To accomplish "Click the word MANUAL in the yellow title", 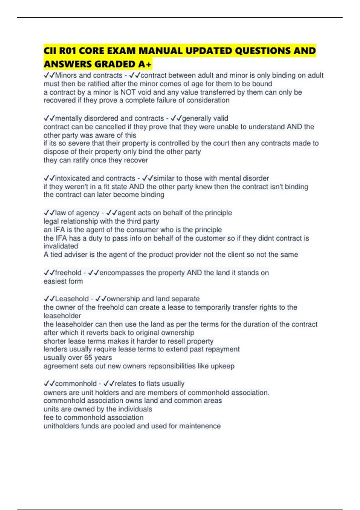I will point(161,51).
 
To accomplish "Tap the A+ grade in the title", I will point(145,64).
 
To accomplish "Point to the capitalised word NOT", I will point(128,92).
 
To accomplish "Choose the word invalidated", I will point(61,246).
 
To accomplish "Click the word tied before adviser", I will point(56,255).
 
